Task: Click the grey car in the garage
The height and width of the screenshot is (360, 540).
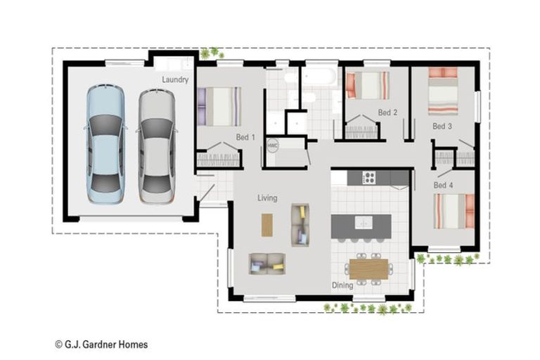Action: point(157,146)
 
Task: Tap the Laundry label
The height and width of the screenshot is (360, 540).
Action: point(175,79)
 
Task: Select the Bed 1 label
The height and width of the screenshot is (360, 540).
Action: point(245,137)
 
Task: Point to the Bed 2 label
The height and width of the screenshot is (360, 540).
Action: point(387,112)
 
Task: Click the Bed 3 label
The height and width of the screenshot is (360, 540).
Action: point(442,127)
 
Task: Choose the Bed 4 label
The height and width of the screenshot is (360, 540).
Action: point(443,186)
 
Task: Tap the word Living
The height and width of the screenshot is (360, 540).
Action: point(267,198)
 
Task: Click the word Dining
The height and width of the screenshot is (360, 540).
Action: point(342,285)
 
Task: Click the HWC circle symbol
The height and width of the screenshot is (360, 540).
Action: point(272,146)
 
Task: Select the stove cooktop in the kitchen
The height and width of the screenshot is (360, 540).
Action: point(369,178)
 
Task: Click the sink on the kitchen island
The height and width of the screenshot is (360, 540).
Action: point(364,223)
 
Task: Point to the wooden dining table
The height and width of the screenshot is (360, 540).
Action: point(369,269)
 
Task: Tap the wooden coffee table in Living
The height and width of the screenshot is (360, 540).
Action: point(267,225)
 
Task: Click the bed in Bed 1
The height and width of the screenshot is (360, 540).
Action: point(219,106)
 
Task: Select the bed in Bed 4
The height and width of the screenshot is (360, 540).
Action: point(454,211)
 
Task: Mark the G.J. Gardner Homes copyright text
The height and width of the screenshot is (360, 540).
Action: point(101,345)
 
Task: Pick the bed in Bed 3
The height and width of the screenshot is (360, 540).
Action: point(443,91)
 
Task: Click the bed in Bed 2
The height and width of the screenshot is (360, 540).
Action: point(368,86)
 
